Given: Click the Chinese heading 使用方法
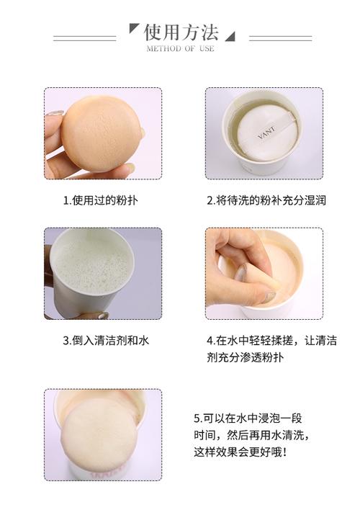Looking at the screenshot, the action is point(181,32).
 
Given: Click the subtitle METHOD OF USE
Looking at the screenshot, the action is point(180,48).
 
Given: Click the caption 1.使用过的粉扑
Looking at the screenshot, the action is point(101,200).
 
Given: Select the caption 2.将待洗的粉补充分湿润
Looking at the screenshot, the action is point(266,200).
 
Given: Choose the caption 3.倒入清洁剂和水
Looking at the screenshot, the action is point(106,341).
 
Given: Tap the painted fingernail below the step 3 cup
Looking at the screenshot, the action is point(103,316).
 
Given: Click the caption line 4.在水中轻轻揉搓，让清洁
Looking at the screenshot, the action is point(272,341).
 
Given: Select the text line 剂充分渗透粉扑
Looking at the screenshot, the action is point(246,357).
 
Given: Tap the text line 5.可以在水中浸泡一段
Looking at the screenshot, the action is point(248,419).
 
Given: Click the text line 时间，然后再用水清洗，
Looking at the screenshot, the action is point(251,435).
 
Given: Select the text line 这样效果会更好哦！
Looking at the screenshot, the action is point(240,452).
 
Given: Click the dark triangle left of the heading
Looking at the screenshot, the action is point(133,27).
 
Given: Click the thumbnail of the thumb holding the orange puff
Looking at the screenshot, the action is point(55,114).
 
